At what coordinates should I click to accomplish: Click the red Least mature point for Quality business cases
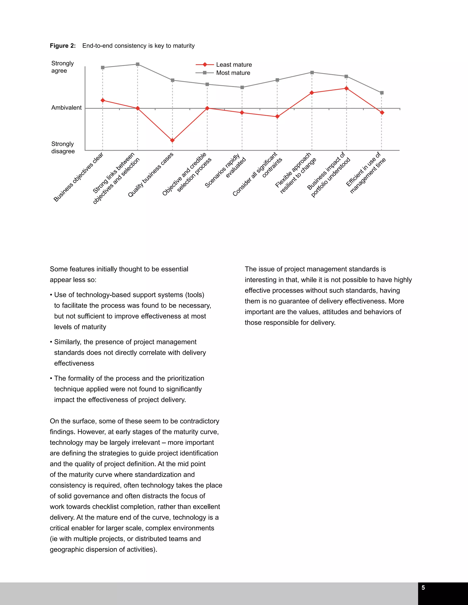click(173, 140)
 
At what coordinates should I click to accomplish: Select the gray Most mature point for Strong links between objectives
click(138, 64)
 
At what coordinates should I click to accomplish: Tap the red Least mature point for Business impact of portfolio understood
click(346, 88)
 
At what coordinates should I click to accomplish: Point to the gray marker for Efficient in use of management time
click(382, 93)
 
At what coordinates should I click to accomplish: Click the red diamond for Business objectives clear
click(103, 100)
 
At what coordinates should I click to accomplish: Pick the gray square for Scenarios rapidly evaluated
click(242, 87)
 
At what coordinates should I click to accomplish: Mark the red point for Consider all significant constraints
click(277, 117)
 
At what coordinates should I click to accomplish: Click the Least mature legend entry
click(234, 65)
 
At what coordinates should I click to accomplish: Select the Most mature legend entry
click(233, 73)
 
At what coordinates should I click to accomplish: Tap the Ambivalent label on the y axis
click(66, 108)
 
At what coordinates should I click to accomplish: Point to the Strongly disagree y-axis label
click(63, 147)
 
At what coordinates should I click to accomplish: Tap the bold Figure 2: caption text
click(63, 46)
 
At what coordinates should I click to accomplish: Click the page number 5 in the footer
click(423, 588)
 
